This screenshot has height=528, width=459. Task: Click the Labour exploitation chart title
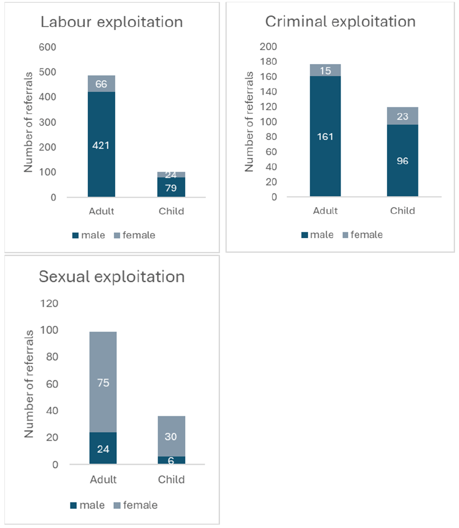click(x=111, y=22)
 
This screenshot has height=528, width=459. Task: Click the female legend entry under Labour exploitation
click(x=133, y=235)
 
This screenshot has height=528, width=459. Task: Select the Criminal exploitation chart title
click(x=340, y=22)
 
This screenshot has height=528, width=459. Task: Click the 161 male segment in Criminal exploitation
click(x=325, y=136)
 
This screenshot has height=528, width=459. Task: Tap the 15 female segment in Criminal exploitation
click(x=325, y=70)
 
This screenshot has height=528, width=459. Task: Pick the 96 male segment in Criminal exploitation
click(x=402, y=160)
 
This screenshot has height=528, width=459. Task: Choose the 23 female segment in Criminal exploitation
click(x=402, y=116)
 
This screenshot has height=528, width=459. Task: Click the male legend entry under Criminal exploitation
click(x=317, y=234)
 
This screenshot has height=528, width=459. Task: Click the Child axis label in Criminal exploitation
click(x=402, y=211)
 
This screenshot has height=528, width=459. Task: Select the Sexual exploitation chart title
click(x=112, y=276)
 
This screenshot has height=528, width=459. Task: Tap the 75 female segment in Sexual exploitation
click(x=103, y=383)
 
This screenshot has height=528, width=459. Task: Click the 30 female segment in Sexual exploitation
click(x=171, y=436)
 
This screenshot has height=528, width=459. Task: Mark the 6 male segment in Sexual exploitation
click(x=171, y=460)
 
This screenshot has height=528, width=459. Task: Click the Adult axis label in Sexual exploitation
click(x=103, y=479)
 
